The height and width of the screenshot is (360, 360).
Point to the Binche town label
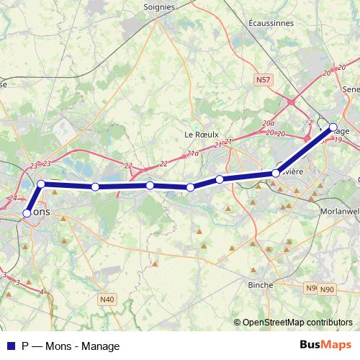pos(260,285)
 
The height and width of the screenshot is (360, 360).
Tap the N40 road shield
pos(107,299)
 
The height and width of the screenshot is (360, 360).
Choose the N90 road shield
pos(328,289)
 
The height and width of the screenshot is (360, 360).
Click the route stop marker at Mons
pos(27,213)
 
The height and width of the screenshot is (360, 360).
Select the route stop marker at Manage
pos(333,128)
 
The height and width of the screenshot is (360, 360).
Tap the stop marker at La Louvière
pos(276,174)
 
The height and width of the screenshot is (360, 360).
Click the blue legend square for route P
pos(10,346)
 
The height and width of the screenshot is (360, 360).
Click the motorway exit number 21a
pos(192,153)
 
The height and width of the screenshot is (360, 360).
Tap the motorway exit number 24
pos(12,198)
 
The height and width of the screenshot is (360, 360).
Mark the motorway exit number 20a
pos(269,124)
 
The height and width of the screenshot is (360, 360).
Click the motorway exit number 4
pos(42,292)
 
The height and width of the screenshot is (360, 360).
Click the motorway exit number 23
pos(34,166)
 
